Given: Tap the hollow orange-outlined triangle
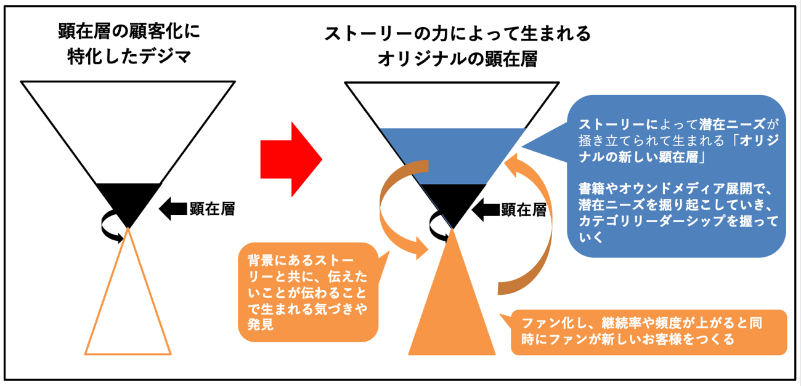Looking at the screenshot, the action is point(128,308).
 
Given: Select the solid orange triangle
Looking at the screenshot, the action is point(452,308).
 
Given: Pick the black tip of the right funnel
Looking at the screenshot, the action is point(453,200).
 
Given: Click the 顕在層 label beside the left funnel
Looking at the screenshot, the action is point(211,210).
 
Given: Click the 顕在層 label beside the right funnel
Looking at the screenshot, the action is point(523,210).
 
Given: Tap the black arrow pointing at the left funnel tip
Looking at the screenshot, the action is point(172,210).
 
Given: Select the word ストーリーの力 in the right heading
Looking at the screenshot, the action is point(376,33).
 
